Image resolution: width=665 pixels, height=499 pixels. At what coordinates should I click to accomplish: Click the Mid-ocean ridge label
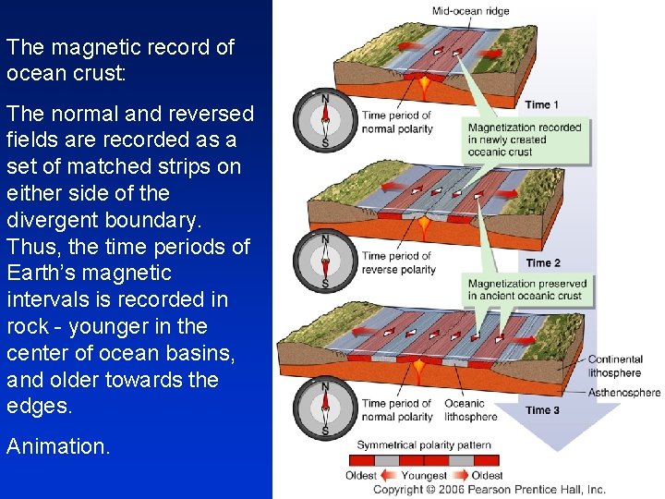point(470,11)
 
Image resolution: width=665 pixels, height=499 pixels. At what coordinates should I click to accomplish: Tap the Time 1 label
point(542,104)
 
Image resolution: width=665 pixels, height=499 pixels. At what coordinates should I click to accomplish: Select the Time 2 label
point(543,263)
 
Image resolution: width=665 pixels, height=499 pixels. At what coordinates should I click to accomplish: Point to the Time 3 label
point(543,410)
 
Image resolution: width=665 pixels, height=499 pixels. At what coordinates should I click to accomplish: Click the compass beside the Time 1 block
point(324,121)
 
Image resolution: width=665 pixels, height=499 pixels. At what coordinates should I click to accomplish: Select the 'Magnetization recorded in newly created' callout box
point(526,140)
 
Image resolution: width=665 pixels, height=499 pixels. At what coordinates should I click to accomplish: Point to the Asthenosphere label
point(624,393)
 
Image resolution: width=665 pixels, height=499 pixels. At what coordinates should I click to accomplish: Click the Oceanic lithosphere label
point(471,409)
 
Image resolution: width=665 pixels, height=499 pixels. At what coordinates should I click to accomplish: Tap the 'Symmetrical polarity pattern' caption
point(424,445)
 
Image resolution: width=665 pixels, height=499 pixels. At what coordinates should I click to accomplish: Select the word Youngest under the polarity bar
point(424,476)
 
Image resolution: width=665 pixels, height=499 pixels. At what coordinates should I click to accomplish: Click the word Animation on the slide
point(57,446)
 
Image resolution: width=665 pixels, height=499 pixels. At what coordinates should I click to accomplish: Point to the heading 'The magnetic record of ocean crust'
point(120,60)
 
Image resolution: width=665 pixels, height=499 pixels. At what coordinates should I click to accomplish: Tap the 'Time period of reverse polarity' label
point(398,262)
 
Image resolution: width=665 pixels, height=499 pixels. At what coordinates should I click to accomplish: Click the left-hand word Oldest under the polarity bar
point(361,476)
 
